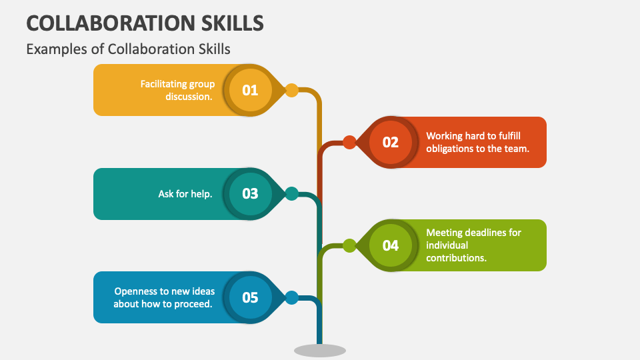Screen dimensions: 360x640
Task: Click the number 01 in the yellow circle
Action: point(250,90)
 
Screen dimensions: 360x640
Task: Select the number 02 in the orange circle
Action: point(390,142)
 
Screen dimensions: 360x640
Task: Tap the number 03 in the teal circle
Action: point(250,194)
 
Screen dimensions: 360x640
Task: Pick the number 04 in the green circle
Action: point(390,245)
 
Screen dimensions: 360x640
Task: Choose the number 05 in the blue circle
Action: point(250,297)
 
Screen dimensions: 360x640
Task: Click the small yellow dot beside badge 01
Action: point(291,90)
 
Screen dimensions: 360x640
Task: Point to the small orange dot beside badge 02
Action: point(349,142)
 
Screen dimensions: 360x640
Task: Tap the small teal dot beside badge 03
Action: point(291,194)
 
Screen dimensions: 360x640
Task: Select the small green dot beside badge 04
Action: point(349,245)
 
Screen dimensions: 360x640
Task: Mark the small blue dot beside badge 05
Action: point(291,297)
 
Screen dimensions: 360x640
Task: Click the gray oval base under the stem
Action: point(320,350)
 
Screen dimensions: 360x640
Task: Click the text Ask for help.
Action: point(185,194)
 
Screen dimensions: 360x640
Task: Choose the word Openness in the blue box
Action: point(136,291)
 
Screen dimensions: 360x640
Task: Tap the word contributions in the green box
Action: point(456,258)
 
